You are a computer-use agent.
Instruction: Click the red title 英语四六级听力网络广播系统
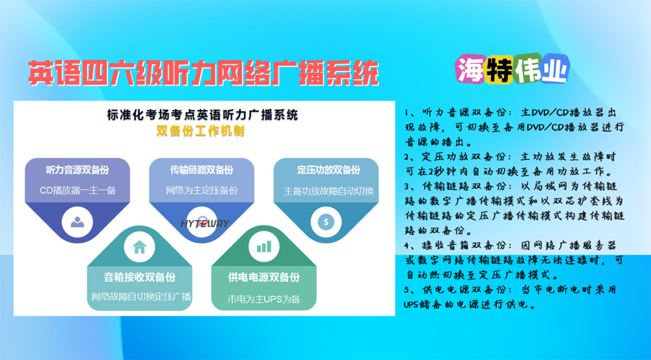(x=203, y=74)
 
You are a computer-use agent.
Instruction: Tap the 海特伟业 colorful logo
(x=512, y=69)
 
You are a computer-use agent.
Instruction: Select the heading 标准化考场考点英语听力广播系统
(x=203, y=114)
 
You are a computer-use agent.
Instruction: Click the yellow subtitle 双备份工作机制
(x=200, y=131)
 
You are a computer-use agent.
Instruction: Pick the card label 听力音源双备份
(x=77, y=170)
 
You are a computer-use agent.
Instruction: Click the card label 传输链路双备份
(x=202, y=170)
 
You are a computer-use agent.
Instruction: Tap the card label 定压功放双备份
(x=328, y=170)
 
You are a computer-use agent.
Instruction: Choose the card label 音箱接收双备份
(x=140, y=277)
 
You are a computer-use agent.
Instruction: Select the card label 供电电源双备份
(x=263, y=277)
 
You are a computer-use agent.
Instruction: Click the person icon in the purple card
(x=77, y=223)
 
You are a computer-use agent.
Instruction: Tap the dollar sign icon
(x=326, y=222)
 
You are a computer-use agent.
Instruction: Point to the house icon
(x=140, y=247)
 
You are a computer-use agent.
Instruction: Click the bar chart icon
(x=263, y=247)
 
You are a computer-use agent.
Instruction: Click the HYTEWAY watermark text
(x=205, y=223)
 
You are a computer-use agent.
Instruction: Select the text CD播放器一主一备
(x=77, y=191)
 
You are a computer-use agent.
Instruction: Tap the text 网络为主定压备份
(x=202, y=191)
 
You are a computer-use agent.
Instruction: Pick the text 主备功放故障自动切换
(x=328, y=191)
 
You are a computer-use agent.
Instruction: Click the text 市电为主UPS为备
(x=263, y=299)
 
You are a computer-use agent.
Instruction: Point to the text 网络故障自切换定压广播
(x=141, y=296)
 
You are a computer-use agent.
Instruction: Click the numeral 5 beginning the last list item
(x=407, y=289)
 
